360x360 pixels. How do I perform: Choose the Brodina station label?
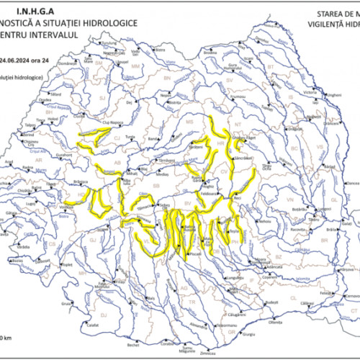[210, 53]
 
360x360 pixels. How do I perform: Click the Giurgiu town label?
[249, 334]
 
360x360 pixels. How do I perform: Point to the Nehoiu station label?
[265, 221]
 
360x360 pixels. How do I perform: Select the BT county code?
[271, 66]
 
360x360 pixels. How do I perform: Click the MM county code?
[134, 67]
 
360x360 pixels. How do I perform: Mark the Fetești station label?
[325, 293]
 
